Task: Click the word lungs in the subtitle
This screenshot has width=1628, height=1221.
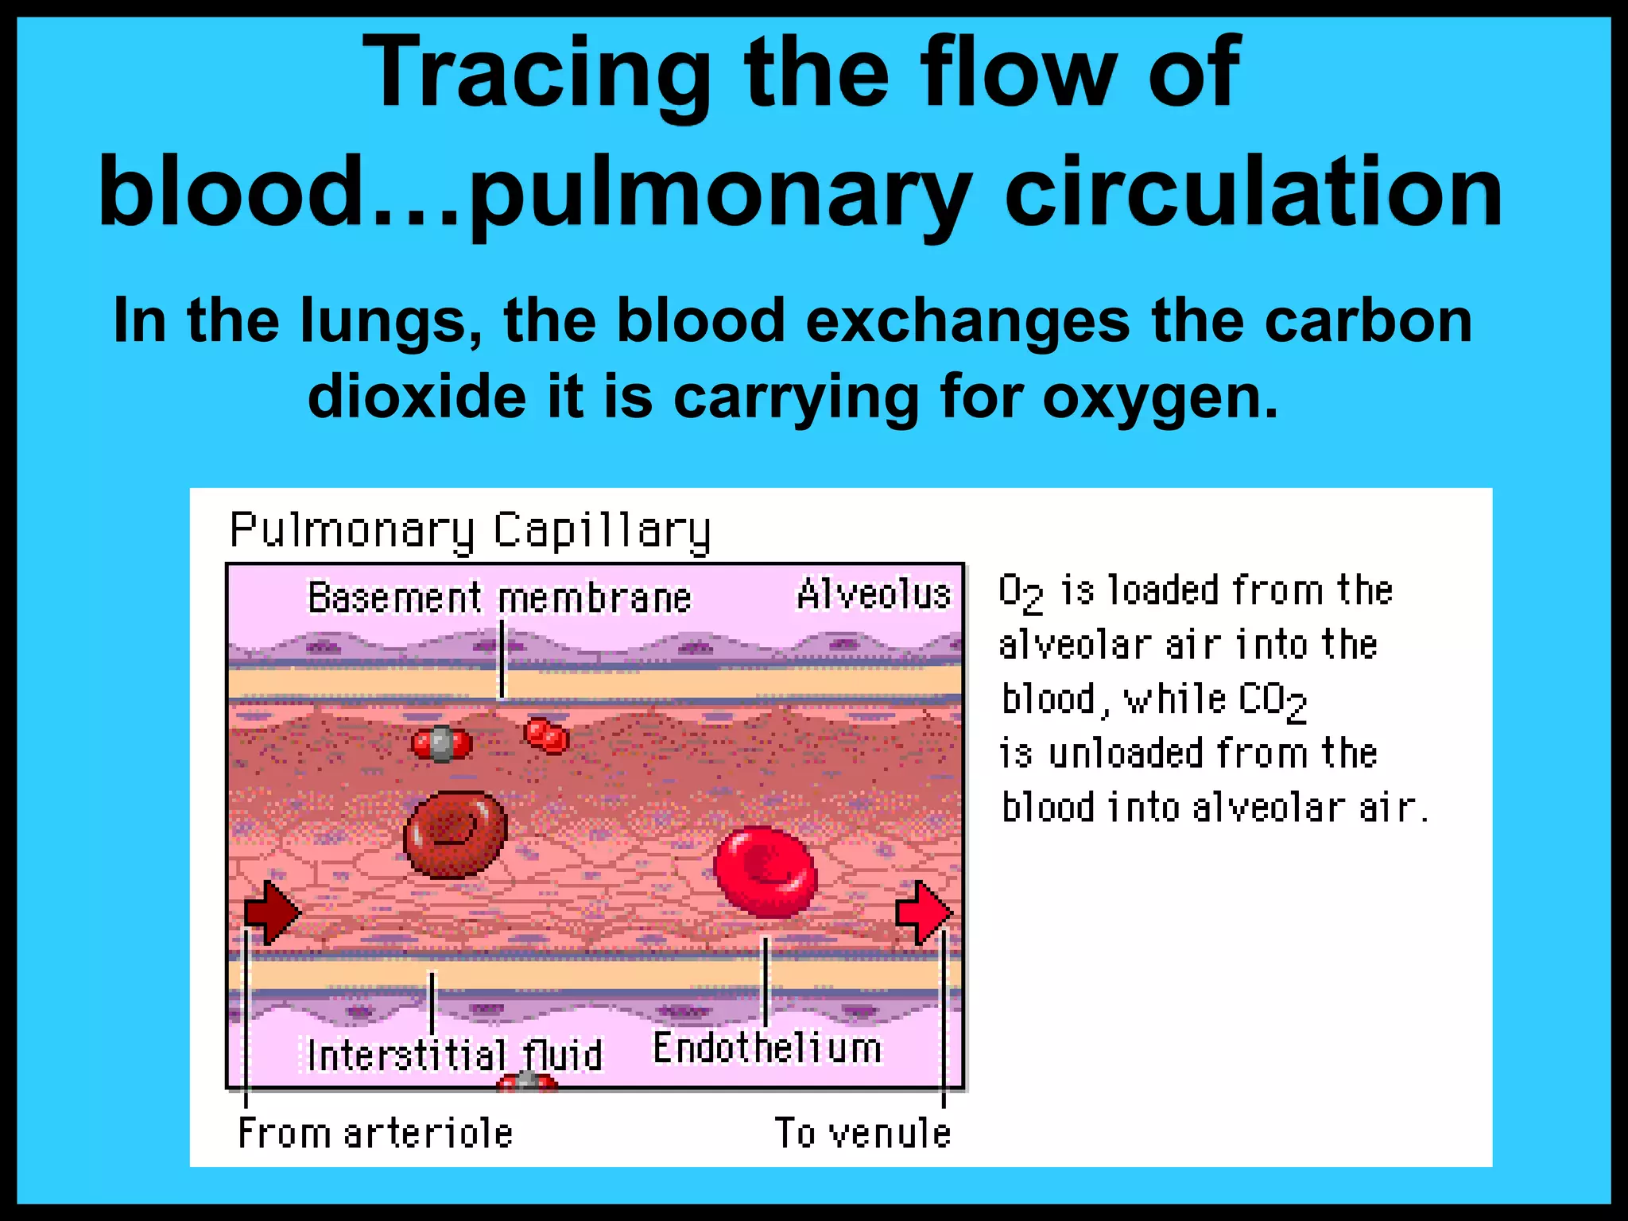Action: coord(390,322)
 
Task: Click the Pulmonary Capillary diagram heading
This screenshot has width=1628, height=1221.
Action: coord(470,530)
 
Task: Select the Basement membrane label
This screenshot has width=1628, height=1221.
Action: coord(499,598)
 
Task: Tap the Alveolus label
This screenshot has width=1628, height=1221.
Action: coord(874,595)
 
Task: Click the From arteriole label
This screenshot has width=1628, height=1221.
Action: coord(375,1133)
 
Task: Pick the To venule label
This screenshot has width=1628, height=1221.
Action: coord(862,1133)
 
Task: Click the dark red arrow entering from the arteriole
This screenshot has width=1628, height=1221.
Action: coord(273,912)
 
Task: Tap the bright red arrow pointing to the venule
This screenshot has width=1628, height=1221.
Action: coord(924,912)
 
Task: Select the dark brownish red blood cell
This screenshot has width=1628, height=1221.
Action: coord(455,834)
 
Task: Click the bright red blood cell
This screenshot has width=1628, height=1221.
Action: coord(765,870)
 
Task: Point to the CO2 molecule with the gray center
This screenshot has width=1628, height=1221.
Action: coord(441,744)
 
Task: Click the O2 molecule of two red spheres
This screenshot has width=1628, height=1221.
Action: coord(546,735)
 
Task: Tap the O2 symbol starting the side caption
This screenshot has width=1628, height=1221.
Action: coord(1020,593)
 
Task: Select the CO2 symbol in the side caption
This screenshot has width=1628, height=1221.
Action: coord(1272,701)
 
